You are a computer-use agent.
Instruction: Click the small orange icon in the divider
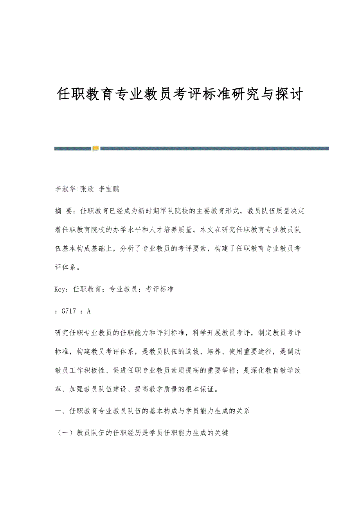click(x=95, y=149)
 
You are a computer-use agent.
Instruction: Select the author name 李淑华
click(x=65, y=189)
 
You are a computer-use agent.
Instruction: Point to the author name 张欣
click(x=87, y=189)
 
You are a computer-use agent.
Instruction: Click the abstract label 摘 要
click(x=63, y=211)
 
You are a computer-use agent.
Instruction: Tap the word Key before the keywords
click(x=61, y=289)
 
